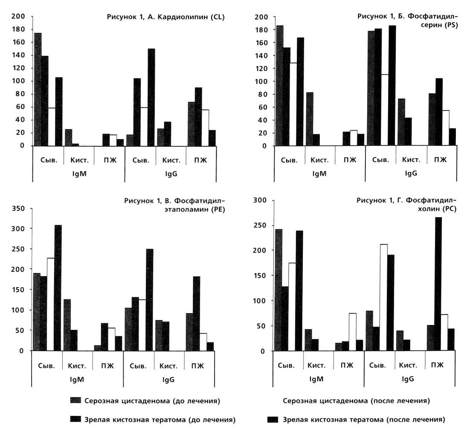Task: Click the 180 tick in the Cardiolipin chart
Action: pyautogui.click(x=20, y=29)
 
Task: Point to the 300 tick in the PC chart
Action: pyautogui.click(x=259, y=200)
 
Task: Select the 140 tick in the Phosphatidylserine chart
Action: pyautogui.click(x=261, y=55)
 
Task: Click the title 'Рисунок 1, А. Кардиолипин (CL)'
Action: pyautogui.click(x=165, y=17)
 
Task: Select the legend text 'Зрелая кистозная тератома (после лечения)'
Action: pyautogui.click(x=364, y=420)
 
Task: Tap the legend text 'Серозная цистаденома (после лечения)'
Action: pyautogui.click(x=356, y=401)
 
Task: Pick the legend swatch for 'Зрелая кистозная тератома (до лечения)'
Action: pyautogui.click(x=75, y=420)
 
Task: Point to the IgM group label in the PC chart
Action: pyautogui.click(x=318, y=378)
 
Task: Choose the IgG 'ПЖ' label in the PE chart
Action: pyautogui.click(x=200, y=366)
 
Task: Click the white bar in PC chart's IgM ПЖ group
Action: pyautogui.click(x=352, y=332)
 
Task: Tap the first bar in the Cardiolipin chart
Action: pyautogui.click(x=38, y=89)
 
